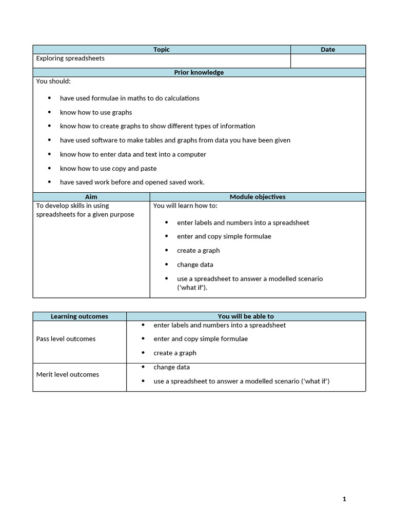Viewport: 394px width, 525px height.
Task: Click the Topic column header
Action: [161, 50]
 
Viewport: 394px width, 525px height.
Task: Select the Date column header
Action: [328, 50]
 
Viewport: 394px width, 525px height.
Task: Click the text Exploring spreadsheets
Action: [70, 58]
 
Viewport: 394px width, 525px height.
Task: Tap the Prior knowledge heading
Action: [199, 72]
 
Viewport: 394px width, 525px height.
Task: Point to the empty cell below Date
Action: [328, 61]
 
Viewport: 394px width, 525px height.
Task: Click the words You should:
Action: [53, 82]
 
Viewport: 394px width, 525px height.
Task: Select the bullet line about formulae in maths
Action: [129, 98]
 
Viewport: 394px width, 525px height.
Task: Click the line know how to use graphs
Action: [95, 112]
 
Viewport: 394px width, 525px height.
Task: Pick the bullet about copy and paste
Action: [108, 168]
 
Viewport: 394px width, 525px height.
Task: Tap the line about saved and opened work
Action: [132, 182]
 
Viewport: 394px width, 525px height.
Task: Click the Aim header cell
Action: [91, 197]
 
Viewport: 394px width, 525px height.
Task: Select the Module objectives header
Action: [258, 197]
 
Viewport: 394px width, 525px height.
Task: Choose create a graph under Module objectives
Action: [198, 251]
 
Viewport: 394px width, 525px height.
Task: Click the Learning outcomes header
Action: [80, 316]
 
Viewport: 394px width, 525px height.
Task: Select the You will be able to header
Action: [246, 316]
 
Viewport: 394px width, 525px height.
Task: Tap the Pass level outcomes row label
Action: [66, 339]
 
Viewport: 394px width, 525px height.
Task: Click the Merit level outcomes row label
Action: [67, 375]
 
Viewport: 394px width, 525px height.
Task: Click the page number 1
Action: [344, 499]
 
